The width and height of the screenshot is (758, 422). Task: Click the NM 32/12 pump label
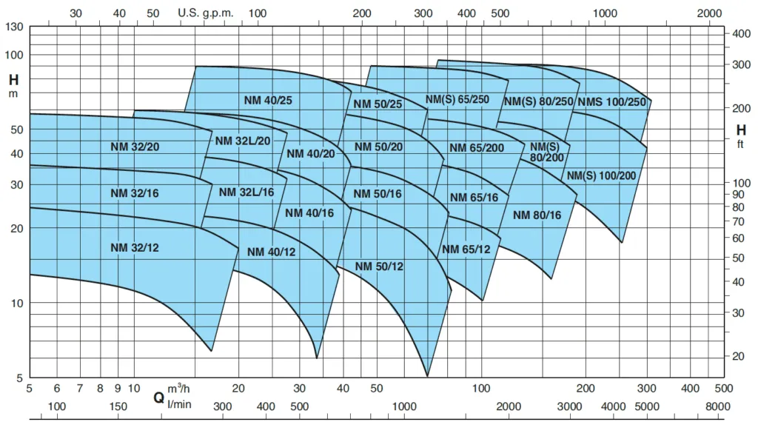point(135,247)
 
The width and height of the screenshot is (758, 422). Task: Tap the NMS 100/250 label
point(611,101)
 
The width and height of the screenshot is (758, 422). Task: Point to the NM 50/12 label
point(379,266)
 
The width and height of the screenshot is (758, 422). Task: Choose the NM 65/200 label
point(477,147)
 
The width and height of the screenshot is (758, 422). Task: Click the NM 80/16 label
point(537,215)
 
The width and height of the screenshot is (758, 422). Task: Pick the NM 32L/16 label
point(246,192)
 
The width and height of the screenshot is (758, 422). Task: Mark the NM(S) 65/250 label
point(457,99)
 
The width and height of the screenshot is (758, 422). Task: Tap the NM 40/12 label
point(271,252)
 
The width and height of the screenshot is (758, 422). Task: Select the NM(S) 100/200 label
point(601,175)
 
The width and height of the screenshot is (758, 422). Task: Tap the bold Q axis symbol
point(158,398)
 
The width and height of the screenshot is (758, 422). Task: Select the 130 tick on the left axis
point(15,27)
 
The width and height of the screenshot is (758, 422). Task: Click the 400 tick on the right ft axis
point(742,34)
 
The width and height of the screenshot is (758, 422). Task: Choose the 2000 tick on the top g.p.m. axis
point(709,13)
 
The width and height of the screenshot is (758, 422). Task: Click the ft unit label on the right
point(739,144)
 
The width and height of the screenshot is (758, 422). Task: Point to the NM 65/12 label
point(466,249)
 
